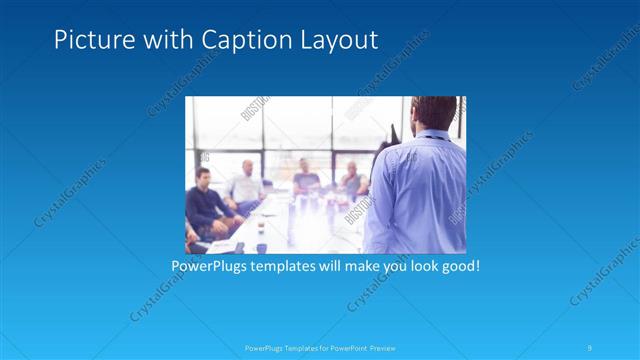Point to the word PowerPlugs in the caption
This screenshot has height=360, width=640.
pyautogui.click(x=210, y=267)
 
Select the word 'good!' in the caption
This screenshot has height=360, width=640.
pyautogui.click(x=459, y=267)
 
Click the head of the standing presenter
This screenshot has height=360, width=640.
pyautogui.click(x=412, y=116)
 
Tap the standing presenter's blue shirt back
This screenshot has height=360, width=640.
pyautogui.click(x=415, y=195)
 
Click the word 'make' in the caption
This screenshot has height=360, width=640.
pyautogui.click(x=358, y=267)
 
